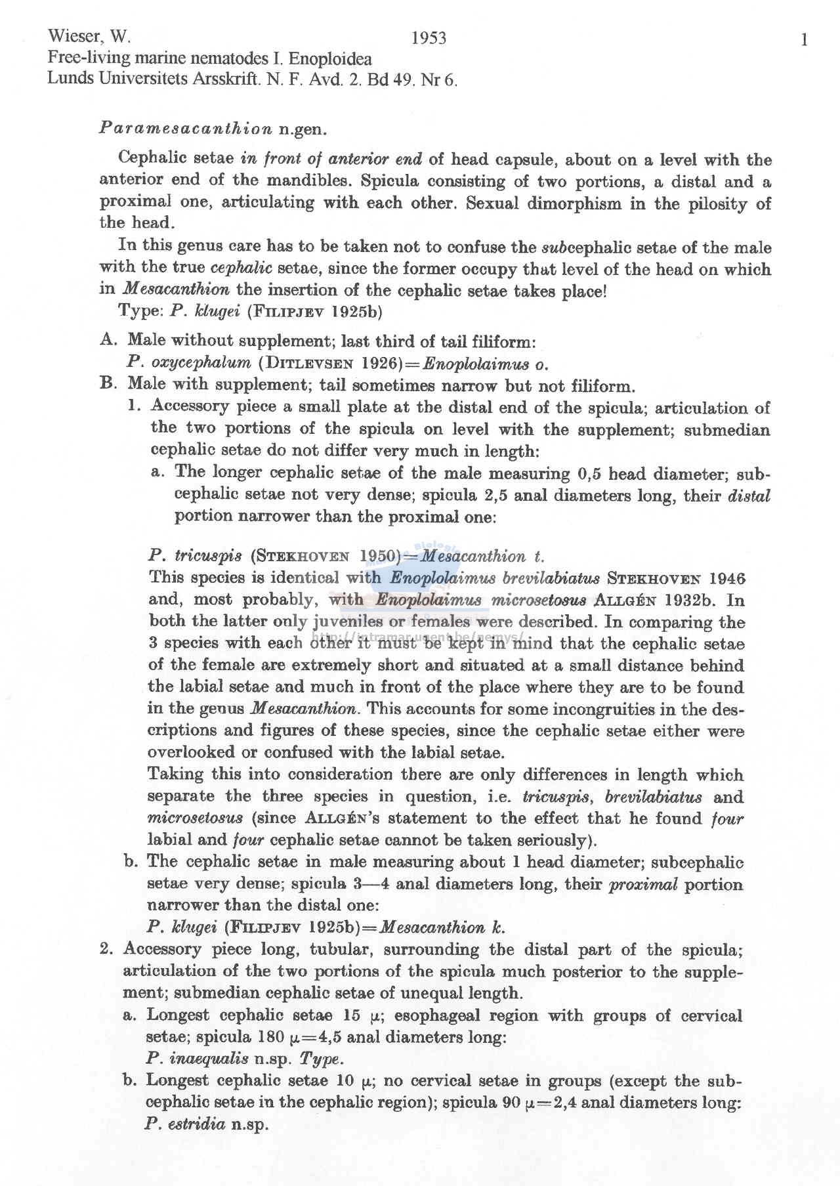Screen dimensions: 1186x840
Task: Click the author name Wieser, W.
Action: [89, 36]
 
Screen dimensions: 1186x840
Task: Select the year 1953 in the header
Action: [429, 39]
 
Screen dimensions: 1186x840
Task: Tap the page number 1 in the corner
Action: [804, 40]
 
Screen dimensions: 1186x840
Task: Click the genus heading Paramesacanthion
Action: [186, 129]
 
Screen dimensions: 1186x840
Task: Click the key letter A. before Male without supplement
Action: [108, 340]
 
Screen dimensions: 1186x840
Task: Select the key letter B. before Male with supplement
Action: [108, 383]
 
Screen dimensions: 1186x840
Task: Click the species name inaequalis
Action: [209, 1058]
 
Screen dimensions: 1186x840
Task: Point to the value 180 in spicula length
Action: [270, 1037]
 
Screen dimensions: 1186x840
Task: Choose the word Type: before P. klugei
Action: [140, 311]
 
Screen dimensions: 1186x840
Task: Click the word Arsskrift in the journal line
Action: [226, 79]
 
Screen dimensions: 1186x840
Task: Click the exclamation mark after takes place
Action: [604, 290]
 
